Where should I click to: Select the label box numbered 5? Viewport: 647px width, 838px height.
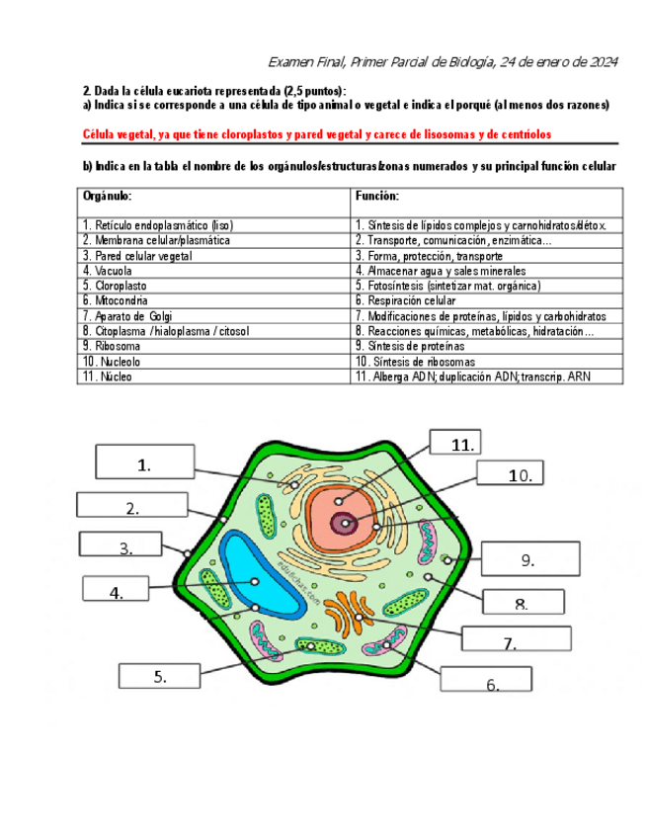click(x=159, y=676)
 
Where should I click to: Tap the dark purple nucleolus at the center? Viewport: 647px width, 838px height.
click(x=345, y=523)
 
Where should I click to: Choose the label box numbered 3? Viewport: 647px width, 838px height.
click(x=125, y=547)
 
